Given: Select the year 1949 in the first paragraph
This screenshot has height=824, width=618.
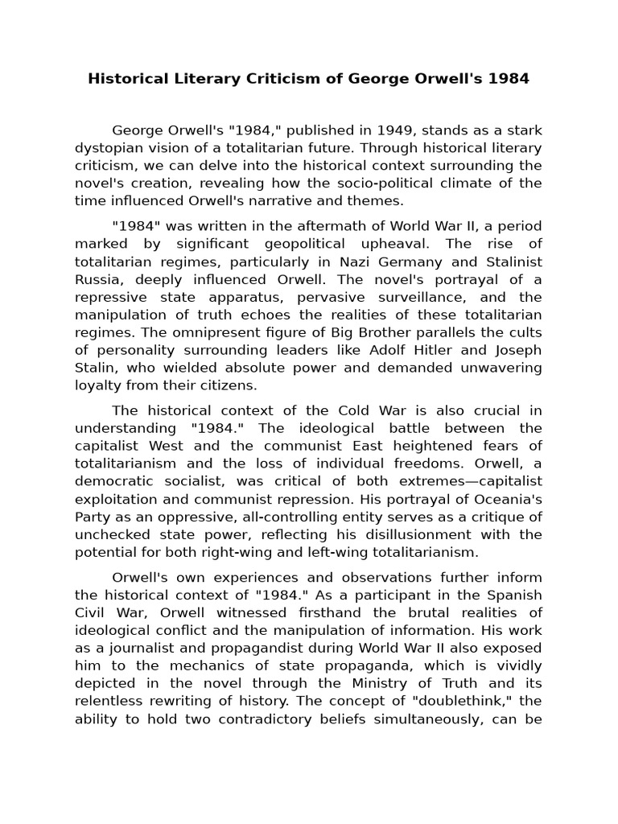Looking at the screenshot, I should pos(395,130).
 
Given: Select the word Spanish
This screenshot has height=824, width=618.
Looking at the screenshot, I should pos(510,595).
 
